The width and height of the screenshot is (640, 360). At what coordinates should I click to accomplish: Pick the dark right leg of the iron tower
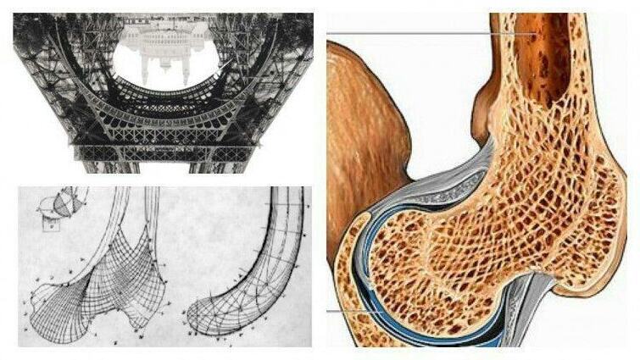280,85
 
